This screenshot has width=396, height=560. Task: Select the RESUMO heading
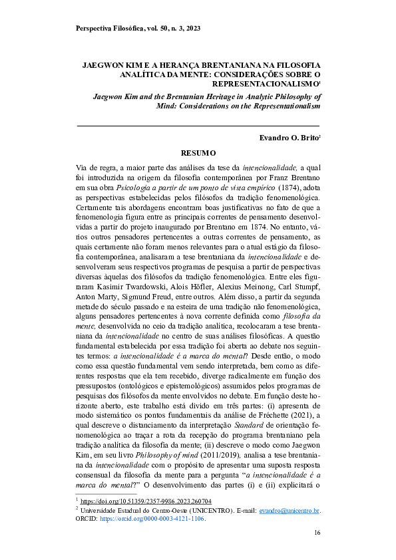point(198,153)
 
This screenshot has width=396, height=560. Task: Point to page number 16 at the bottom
point(317,533)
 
